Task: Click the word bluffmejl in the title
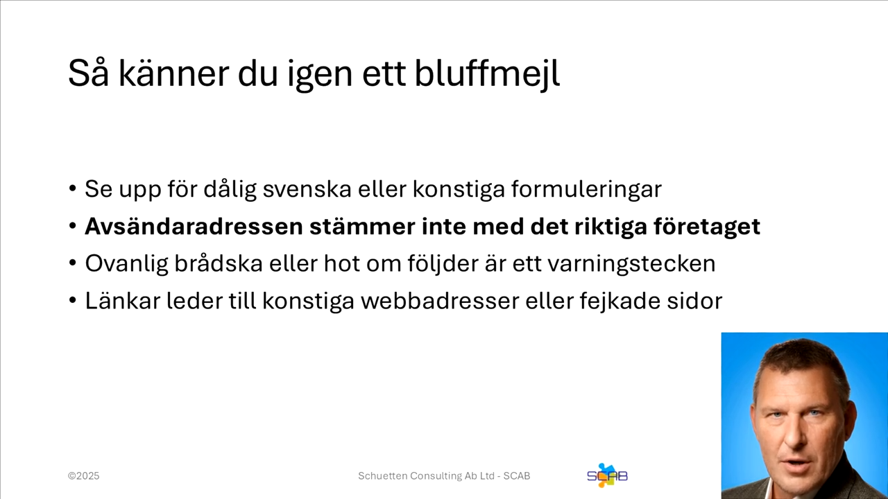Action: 487,73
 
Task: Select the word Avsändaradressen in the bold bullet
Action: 194,227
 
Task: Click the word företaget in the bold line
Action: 706,227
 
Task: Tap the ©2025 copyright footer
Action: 83,476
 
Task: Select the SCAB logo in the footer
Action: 607,475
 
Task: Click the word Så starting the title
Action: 89,73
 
